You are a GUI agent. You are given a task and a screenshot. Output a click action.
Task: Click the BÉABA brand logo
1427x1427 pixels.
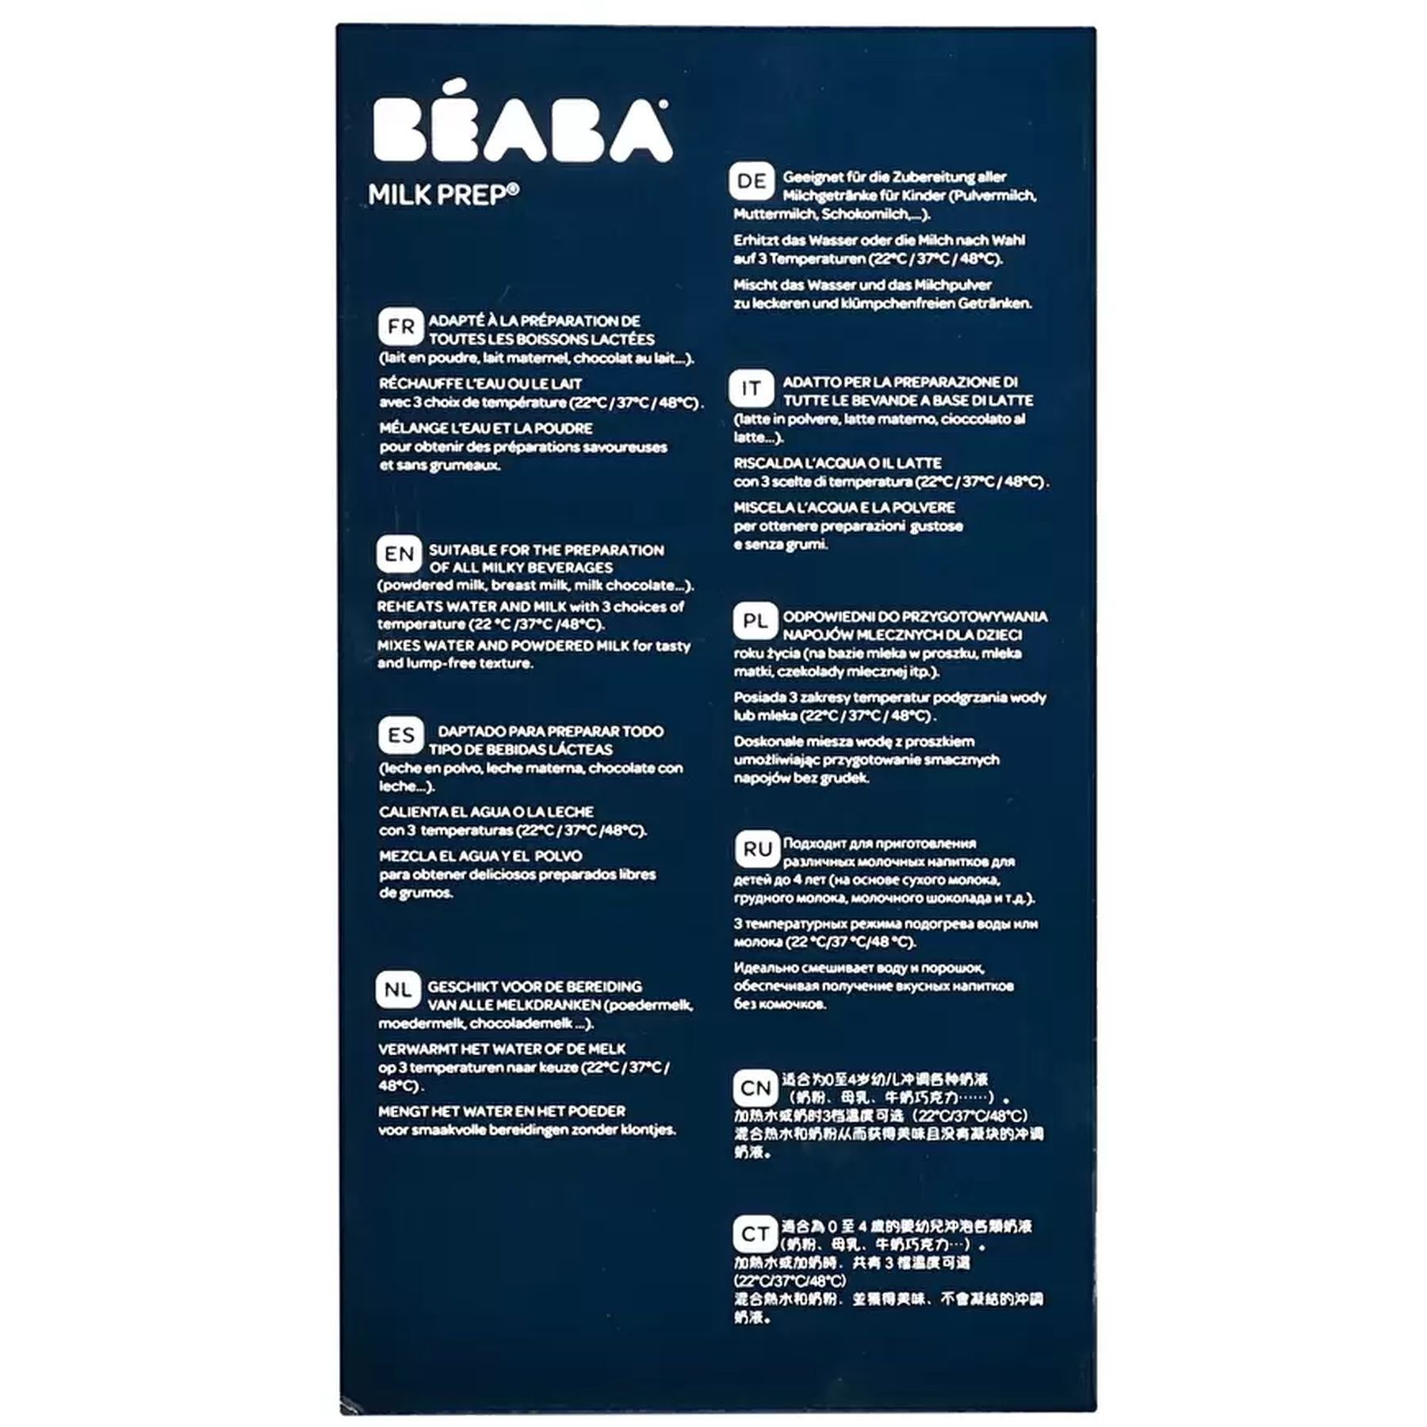click(522, 129)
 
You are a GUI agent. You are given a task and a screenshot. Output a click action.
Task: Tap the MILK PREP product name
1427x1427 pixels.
click(443, 195)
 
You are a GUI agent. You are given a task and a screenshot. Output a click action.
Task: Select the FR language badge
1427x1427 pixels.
click(400, 327)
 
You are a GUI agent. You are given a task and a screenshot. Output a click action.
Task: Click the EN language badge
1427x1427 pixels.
click(399, 554)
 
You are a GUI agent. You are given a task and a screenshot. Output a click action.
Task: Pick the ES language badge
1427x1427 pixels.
click(400, 736)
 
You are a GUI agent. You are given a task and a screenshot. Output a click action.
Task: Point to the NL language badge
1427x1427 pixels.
click(398, 990)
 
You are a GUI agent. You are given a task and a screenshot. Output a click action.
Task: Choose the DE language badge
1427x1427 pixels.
click(752, 182)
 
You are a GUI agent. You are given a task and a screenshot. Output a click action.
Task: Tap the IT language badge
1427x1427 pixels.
click(751, 388)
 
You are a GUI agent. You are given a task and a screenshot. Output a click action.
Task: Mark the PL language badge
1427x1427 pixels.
click(754, 622)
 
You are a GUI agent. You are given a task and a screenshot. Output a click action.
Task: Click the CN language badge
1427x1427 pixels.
click(755, 1088)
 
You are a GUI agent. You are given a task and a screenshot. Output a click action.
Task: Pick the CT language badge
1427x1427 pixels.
click(755, 1234)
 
